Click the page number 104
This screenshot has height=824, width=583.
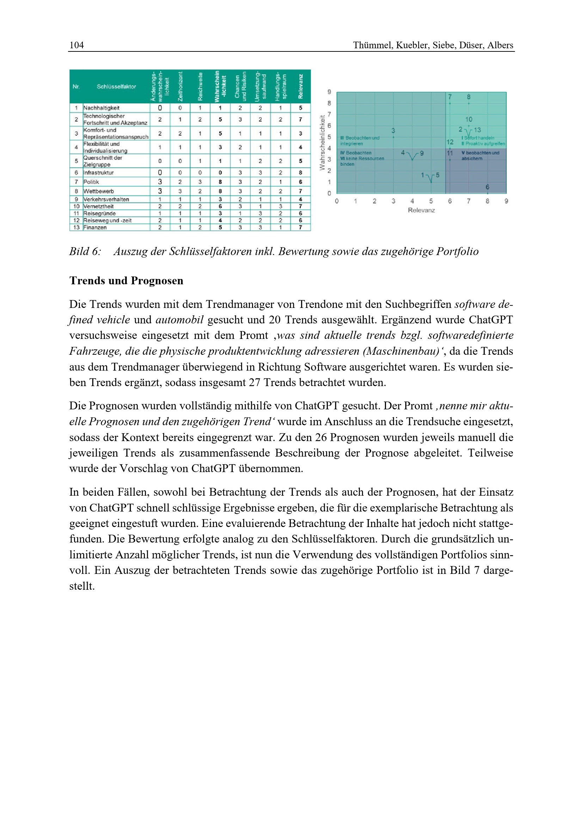76,45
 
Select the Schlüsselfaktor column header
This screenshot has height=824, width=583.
116,87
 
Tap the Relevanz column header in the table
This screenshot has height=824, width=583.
300,87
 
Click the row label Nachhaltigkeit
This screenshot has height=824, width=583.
101,108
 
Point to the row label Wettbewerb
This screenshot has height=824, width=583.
98,191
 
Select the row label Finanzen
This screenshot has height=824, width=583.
95,228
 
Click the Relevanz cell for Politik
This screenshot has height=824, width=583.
300,182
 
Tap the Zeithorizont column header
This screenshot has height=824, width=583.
180,87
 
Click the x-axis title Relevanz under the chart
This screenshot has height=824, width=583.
421,210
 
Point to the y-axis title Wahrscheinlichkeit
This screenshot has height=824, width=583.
322,142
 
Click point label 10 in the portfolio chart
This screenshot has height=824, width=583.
469,119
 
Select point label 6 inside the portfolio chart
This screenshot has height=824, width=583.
487,187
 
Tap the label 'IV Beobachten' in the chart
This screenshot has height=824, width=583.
356,153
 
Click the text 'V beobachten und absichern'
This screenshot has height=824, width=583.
480,155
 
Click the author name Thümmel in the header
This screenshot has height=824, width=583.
373,45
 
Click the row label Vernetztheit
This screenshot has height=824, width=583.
98,206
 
